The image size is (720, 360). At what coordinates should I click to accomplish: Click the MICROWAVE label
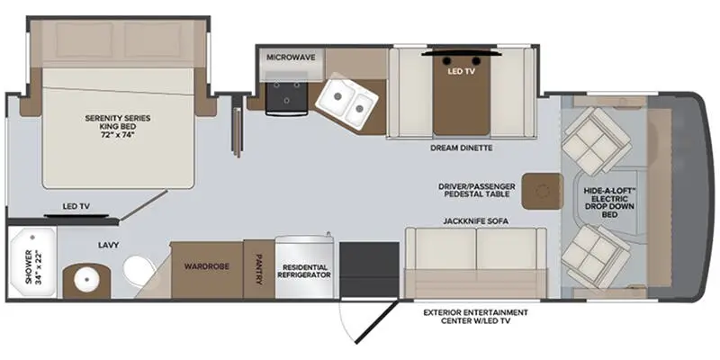[291, 58]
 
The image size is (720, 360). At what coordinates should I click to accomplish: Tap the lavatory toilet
[140, 272]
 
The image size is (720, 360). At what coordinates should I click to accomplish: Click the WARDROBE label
[207, 266]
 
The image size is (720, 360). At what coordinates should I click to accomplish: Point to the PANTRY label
[259, 269]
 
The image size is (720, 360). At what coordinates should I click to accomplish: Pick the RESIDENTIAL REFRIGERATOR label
[304, 271]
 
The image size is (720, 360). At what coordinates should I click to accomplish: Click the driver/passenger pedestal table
[543, 191]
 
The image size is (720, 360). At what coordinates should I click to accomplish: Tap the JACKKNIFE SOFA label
[476, 221]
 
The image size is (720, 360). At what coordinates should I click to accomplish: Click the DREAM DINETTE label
[462, 148]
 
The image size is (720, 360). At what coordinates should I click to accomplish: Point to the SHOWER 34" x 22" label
[32, 266]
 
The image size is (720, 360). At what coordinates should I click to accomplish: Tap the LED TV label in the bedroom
[76, 207]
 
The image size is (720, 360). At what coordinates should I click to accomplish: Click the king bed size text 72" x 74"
[118, 135]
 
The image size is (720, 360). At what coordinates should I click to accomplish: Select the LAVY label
[108, 245]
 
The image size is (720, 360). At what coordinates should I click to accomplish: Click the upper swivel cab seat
[597, 141]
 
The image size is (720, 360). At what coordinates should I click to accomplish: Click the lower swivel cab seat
[597, 256]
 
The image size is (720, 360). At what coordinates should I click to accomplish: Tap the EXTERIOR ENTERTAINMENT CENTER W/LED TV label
[476, 317]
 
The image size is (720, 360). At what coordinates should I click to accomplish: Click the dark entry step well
[369, 269]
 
